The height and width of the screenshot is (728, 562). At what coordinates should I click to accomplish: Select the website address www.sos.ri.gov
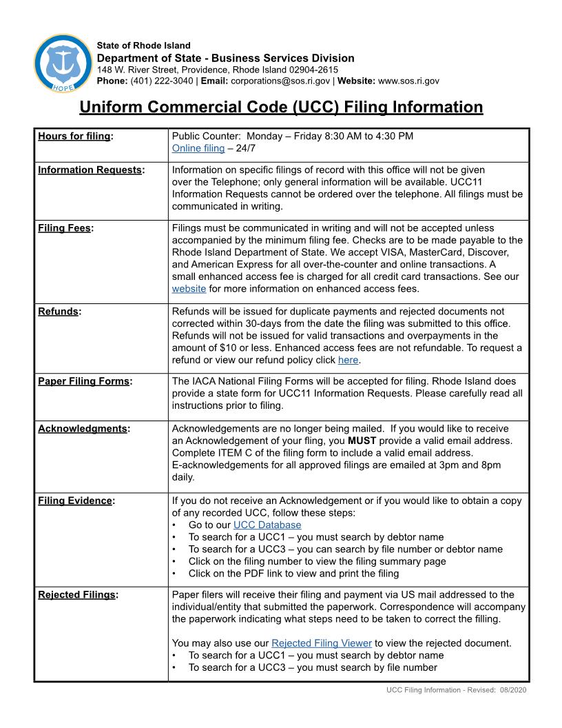(x=408, y=81)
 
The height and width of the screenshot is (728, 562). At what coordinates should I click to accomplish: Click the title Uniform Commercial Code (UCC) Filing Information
(x=281, y=108)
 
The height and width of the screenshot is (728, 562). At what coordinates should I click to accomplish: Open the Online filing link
(x=198, y=148)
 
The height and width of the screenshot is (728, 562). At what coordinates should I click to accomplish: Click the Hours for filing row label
(x=74, y=136)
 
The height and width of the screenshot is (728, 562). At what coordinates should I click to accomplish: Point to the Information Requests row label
(x=90, y=170)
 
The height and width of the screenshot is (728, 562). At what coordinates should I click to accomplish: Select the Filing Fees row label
(x=64, y=228)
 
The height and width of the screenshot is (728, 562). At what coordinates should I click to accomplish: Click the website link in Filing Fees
(x=189, y=289)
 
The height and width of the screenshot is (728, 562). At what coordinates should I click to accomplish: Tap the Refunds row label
(x=58, y=311)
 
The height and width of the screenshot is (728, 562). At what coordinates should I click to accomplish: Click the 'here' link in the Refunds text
(x=348, y=360)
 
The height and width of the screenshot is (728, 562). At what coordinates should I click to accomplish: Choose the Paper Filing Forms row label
(x=83, y=381)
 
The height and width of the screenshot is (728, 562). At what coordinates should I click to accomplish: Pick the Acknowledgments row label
(x=82, y=428)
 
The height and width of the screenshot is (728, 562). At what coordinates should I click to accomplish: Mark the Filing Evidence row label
(x=74, y=500)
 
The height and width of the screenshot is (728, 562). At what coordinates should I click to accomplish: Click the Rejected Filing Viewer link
(x=321, y=643)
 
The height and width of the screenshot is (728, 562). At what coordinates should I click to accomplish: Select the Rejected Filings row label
(x=76, y=594)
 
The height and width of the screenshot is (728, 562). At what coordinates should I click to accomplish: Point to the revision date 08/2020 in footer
(x=513, y=690)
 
